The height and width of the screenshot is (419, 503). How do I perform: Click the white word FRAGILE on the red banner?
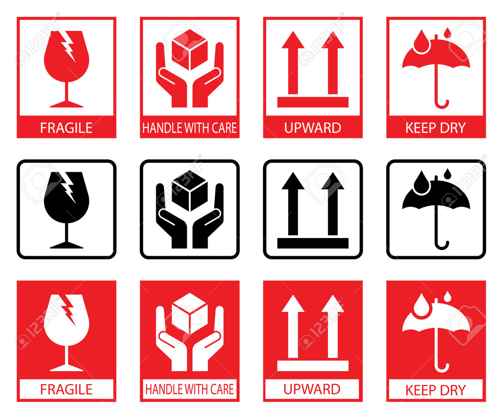(66, 128)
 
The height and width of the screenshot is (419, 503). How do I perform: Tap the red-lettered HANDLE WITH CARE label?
(190, 389)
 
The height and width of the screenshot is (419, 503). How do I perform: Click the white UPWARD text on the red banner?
(313, 128)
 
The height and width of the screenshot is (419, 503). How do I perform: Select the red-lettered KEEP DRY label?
(436, 390)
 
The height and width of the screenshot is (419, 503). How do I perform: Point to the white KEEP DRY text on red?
(436, 128)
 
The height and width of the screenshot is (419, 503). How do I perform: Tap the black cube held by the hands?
(190, 191)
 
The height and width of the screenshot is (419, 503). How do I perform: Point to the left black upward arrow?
(293, 204)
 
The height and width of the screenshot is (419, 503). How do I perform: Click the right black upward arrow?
(333, 204)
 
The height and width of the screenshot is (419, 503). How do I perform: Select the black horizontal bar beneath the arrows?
(313, 243)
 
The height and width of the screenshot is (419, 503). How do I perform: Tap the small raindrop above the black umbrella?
(448, 173)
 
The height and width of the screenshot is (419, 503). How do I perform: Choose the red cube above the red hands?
(190, 50)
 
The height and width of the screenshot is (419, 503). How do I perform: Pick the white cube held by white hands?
(190, 314)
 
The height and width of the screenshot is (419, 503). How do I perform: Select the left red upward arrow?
(293, 63)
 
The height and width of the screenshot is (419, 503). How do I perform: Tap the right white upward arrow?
(333, 327)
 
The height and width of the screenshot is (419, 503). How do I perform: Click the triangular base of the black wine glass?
(67, 245)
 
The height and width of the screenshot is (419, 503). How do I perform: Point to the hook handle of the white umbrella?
(442, 368)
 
